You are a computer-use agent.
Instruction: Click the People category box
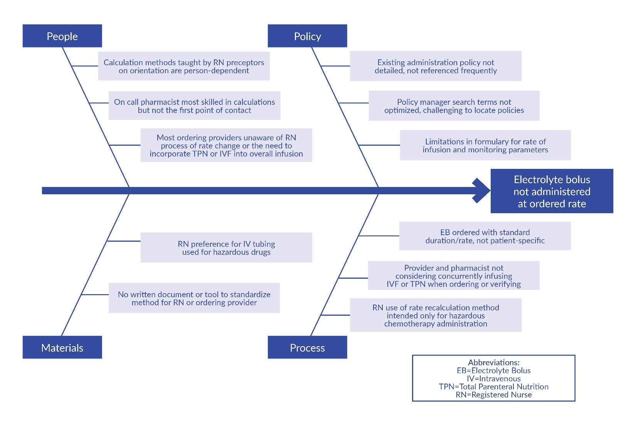[62, 36]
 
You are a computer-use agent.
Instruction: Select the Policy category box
[307, 36]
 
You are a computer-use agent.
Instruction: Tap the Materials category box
[62, 347]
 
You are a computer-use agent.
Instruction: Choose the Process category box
[307, 347]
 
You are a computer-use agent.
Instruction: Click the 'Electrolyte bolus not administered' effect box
[552, 191]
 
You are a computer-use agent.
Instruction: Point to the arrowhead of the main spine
[482, 190]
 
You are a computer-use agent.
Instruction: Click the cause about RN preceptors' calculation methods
[184, 66]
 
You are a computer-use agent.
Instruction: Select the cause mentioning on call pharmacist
[194, 106]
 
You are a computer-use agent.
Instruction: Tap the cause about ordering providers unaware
[226, 145]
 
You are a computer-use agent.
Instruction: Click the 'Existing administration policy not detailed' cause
[436, 66]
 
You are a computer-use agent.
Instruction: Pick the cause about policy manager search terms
[454, 106]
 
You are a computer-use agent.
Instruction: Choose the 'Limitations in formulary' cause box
[485, 145]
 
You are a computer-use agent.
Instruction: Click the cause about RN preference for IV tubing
[226, 248]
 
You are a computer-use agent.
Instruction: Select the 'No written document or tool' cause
[194, 298]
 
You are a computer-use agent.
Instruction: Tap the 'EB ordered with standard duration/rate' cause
[485, 236]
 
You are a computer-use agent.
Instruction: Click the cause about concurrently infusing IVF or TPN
[454, 276]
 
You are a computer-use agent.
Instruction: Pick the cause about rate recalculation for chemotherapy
[436, 315]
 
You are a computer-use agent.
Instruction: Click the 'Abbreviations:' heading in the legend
[494, 362]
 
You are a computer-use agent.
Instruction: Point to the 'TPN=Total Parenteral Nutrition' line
[494, 386]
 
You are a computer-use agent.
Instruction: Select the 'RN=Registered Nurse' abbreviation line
[494, 394]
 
